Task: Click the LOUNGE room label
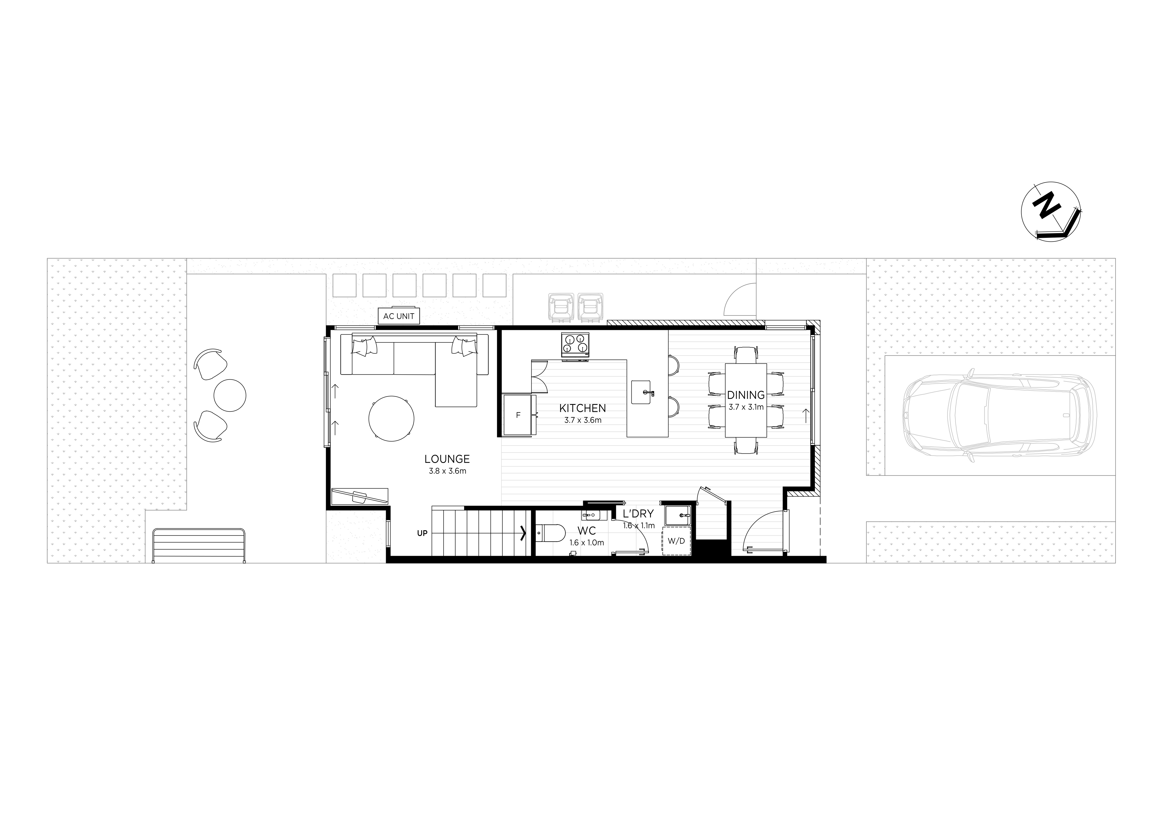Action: [x=447, y=459]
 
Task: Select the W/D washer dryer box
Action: [x=676, y=541]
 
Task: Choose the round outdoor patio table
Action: [x=230, y=395]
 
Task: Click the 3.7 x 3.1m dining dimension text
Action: [x=746, y=407]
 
